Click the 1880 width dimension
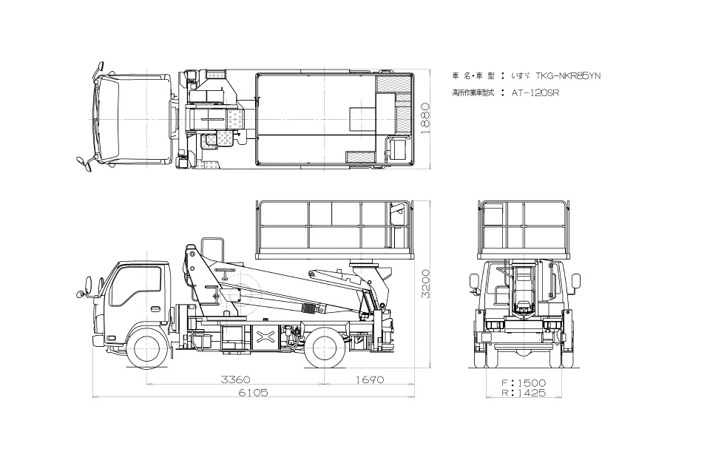[x=424, y=118]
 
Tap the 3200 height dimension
[x=424, y=284]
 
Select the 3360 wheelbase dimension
[x=235, y=379]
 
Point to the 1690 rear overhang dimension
[x=370, y=379]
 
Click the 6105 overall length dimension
[x=253, y=393]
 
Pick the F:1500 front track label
[x=524, y=383]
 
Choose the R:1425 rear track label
[x=524, y=393]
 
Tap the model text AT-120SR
[x=535, y=93]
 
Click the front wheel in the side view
[x=145, y=349]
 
